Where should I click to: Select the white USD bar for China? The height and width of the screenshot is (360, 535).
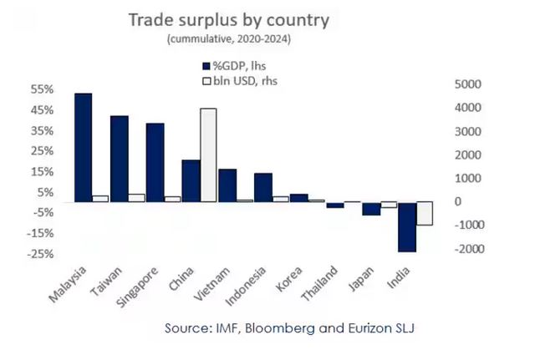pyautogui.click(x=208, y=155)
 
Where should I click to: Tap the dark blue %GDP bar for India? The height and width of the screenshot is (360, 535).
pyautogui.click(x=406, y=226)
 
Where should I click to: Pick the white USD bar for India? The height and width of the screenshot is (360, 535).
pyautogui.click(x=425, y=213)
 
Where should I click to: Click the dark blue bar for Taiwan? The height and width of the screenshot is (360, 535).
pyautogui.click(x=119, y=159)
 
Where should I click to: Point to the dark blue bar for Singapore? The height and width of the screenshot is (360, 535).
pyautogui.click(x=155, y=162)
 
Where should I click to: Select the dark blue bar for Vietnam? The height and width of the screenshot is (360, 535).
pyautogui.click(x=227, y=185)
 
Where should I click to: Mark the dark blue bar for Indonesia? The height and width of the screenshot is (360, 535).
pyautogui.click(x=262, y=187)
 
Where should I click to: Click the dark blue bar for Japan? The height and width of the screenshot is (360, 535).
pyautogui.click(x=370, y=209)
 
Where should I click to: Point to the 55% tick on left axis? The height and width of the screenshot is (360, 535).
pyautogui.click(x=18, y=89)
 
